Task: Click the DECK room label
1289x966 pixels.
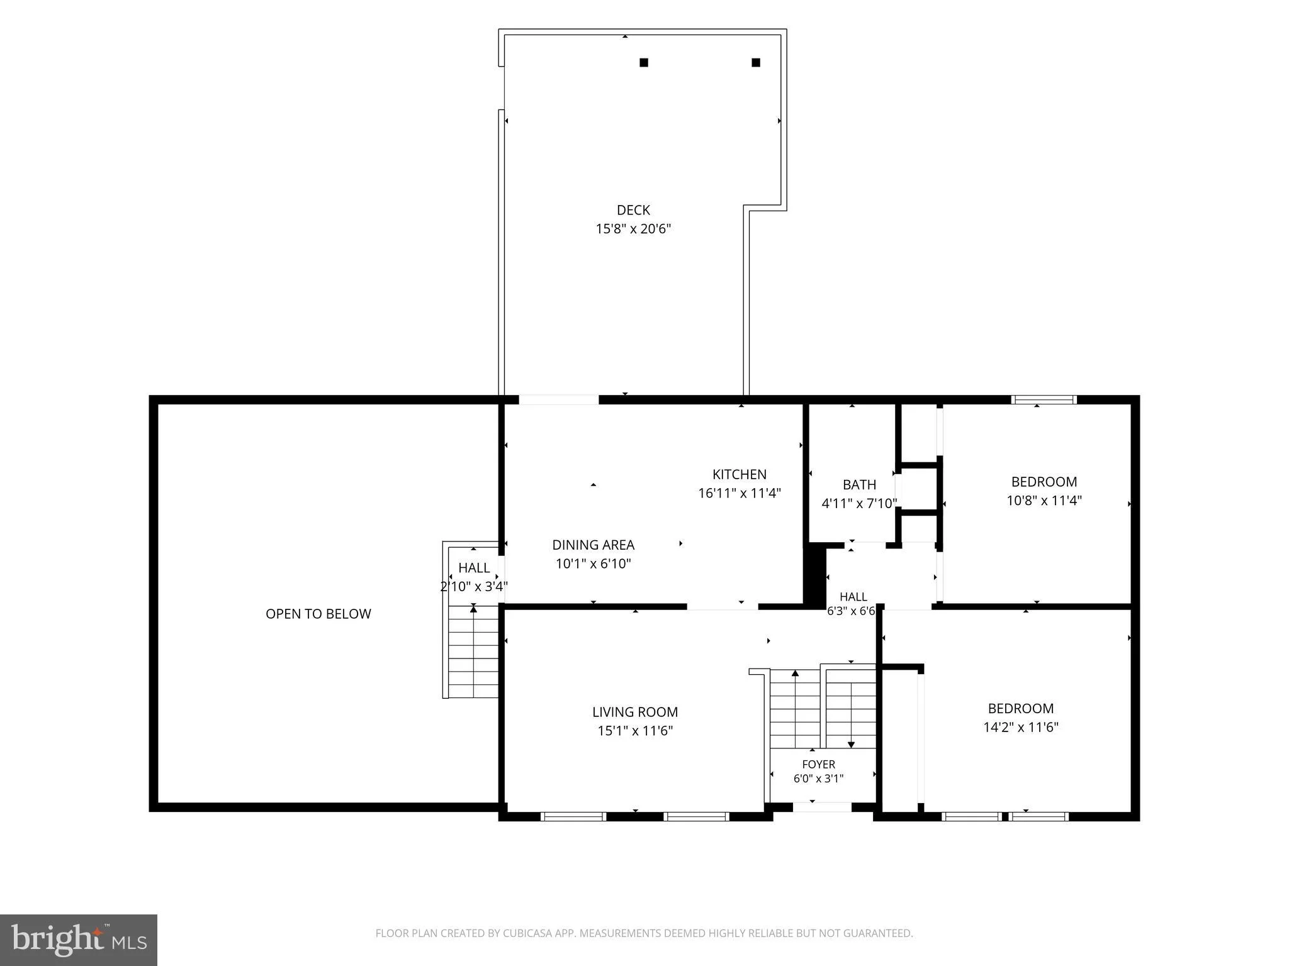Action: tap(633, 210)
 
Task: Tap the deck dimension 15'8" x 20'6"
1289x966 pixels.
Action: tap(634, 229)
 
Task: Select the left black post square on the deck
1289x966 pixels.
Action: tap(644, 62)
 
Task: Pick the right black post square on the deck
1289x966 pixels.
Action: tap(756, 62)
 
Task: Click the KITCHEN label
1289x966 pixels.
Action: tap(740, 474)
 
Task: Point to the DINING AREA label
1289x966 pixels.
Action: tap(594, 545)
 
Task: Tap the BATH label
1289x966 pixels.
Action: tap(859, 484)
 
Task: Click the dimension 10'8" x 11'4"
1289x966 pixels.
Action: tap(1044, 501)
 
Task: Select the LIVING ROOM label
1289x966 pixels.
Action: tap(635, 712)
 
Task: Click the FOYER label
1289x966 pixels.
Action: tap(819, 764)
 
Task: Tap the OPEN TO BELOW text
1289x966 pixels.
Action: tap(318, 614)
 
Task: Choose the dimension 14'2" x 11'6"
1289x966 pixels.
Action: tap(1021, 727)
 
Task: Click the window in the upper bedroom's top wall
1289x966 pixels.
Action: tap(1044, 399)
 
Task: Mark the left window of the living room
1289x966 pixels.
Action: tap(573, 816)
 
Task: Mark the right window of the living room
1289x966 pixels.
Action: tap(696, 816)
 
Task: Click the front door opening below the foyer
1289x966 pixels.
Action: tap(822, 807)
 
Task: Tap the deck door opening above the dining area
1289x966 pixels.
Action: tap(558, 399)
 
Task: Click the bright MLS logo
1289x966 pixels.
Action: tap(79, 940)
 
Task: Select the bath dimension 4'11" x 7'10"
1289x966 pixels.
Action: tap(859, 503)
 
